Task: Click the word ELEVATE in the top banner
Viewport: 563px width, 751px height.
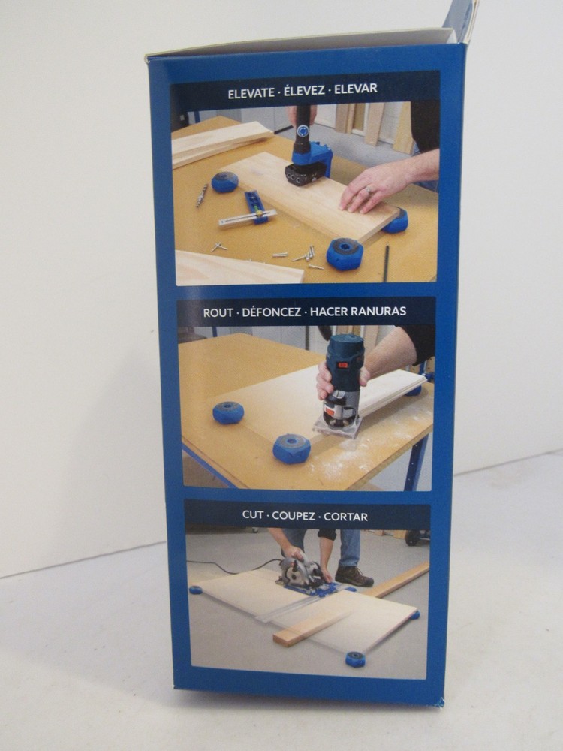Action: (251, 93)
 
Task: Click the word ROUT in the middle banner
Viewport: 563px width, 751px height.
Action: (218, 312)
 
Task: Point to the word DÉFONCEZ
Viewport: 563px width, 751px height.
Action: (272, 312)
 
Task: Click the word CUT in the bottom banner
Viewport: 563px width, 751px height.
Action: (252, 515)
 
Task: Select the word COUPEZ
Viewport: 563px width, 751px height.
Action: (294, 516)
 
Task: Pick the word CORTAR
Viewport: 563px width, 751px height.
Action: (345, 517)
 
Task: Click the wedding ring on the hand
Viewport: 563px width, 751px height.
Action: (367, 190)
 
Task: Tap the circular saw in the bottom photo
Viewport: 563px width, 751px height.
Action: (301, 574)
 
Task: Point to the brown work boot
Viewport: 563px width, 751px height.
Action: (354, 576)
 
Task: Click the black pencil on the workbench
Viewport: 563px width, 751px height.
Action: (387, 264)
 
